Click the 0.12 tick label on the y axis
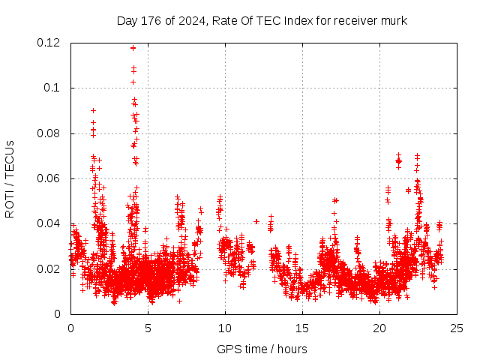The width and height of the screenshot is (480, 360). click(x=50, y=43)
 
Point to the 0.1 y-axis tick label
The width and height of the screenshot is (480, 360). click(x=53, y=88)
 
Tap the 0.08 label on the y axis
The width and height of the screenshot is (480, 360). click(x=50, y=133)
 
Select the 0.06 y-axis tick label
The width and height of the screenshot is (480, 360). click(x=50, y=178)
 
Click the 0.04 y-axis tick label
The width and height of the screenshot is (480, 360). click(x=50, y=223)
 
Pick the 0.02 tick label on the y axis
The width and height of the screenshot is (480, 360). click(x=50, y=268)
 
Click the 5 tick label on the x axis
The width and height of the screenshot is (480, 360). click(x=148, y=328)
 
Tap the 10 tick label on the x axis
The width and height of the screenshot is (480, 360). click(x=225, y=328)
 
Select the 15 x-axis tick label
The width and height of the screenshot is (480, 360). click(x=302, y=328)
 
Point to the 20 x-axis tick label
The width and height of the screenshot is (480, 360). click(x=379, y=328)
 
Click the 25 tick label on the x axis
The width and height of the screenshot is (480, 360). click(x=457, y=328)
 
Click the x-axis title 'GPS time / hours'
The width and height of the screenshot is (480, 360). click(x=262, y=349)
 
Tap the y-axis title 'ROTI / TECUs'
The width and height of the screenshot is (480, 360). click(x=10, y=178)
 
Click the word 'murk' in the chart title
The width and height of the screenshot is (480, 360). click(x=394, y=20)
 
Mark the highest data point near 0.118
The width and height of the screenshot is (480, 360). click(x=133, y=48)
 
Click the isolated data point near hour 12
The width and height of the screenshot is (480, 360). click(x=256, y=221)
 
